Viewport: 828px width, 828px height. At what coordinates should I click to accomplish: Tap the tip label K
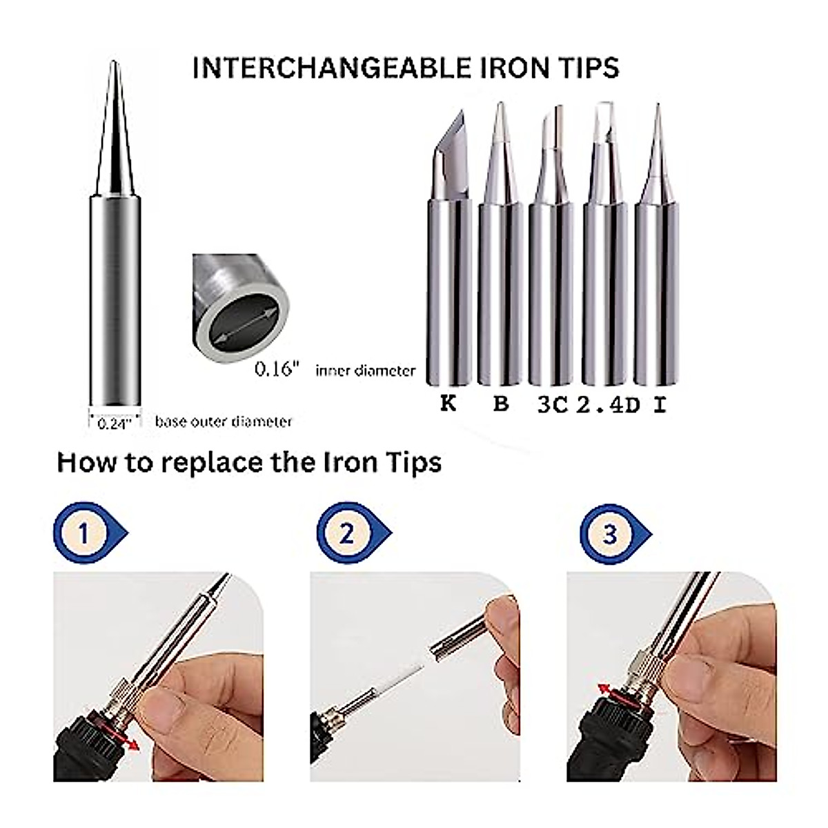(x=448, y=404)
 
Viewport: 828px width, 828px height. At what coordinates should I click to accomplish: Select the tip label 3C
(x=552, y=405)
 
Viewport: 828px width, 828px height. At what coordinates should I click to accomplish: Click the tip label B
(x=501, y=404)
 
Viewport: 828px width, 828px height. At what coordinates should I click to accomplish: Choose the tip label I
(x=660, y=405)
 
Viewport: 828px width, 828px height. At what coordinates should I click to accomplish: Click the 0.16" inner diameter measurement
(x=278, y=370)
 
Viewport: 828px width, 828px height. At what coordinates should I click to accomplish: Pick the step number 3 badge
(x=611, y=533)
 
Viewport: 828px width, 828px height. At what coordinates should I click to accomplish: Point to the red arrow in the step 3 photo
(x=604, y=691)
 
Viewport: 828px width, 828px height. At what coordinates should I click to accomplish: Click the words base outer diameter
(x=224, y=422)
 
